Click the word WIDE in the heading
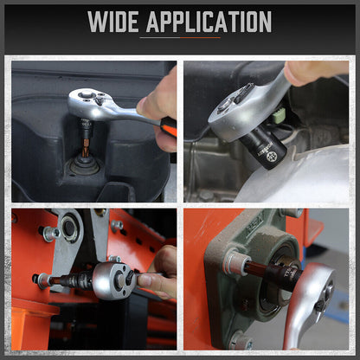pos(113,22)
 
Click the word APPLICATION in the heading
pos(209,22)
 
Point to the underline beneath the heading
pos(180,37)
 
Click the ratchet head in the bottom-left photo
pos(114,280)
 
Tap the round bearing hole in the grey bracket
pos(69,228)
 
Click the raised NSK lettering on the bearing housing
pos(254,222)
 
